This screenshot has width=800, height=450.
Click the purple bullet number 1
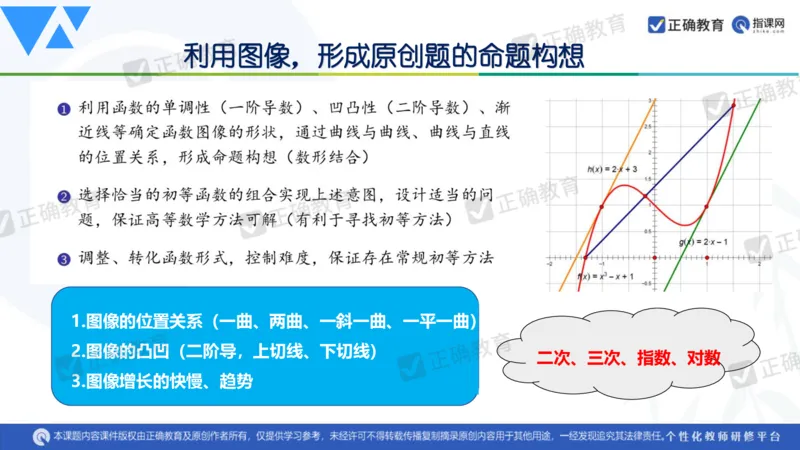pos(63,109)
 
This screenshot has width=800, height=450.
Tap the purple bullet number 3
pos(63,259)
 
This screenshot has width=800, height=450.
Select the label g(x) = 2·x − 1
pos(703,242)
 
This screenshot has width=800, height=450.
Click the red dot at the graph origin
pos(654,257)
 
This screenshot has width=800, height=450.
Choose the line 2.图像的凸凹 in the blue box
pos(205,351)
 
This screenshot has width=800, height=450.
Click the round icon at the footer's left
pos(41,436)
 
